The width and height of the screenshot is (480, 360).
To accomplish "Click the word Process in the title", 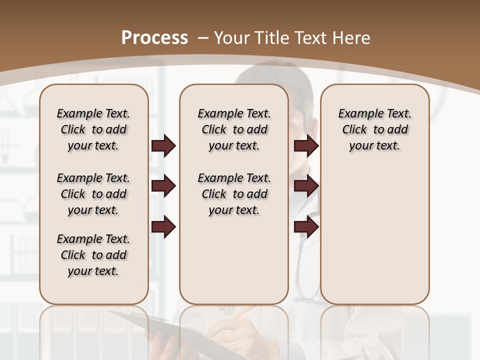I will click(x=154, y=38).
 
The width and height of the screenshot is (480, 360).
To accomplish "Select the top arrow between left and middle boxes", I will click(x=163, y=145).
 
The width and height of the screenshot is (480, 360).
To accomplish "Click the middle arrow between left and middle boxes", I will click(x=163, y=186).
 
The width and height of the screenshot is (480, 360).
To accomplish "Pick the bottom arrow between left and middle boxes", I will click(x=163, y=227).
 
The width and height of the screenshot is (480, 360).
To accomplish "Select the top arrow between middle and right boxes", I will click(x=306, y=145).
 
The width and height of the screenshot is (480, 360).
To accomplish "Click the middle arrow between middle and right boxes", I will click(x=306, y=186).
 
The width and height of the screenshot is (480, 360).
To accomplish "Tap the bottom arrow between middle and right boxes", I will click(x=306, y=227).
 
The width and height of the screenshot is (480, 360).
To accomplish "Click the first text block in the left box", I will click(x=93, y=129).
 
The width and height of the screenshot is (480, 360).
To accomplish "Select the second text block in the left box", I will click(x=93, y=194).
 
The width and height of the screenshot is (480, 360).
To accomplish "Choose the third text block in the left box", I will click(x=93, y=255).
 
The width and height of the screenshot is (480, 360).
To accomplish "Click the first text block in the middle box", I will click(x=234, y=129).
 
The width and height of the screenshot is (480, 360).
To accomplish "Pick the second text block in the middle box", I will click(x=234, y=194).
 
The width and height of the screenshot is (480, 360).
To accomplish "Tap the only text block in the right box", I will click(x=374, y=129).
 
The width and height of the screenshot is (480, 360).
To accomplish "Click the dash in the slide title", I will click(x=202, y=38).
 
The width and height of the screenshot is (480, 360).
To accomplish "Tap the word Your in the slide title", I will click(x=233, y=38).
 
